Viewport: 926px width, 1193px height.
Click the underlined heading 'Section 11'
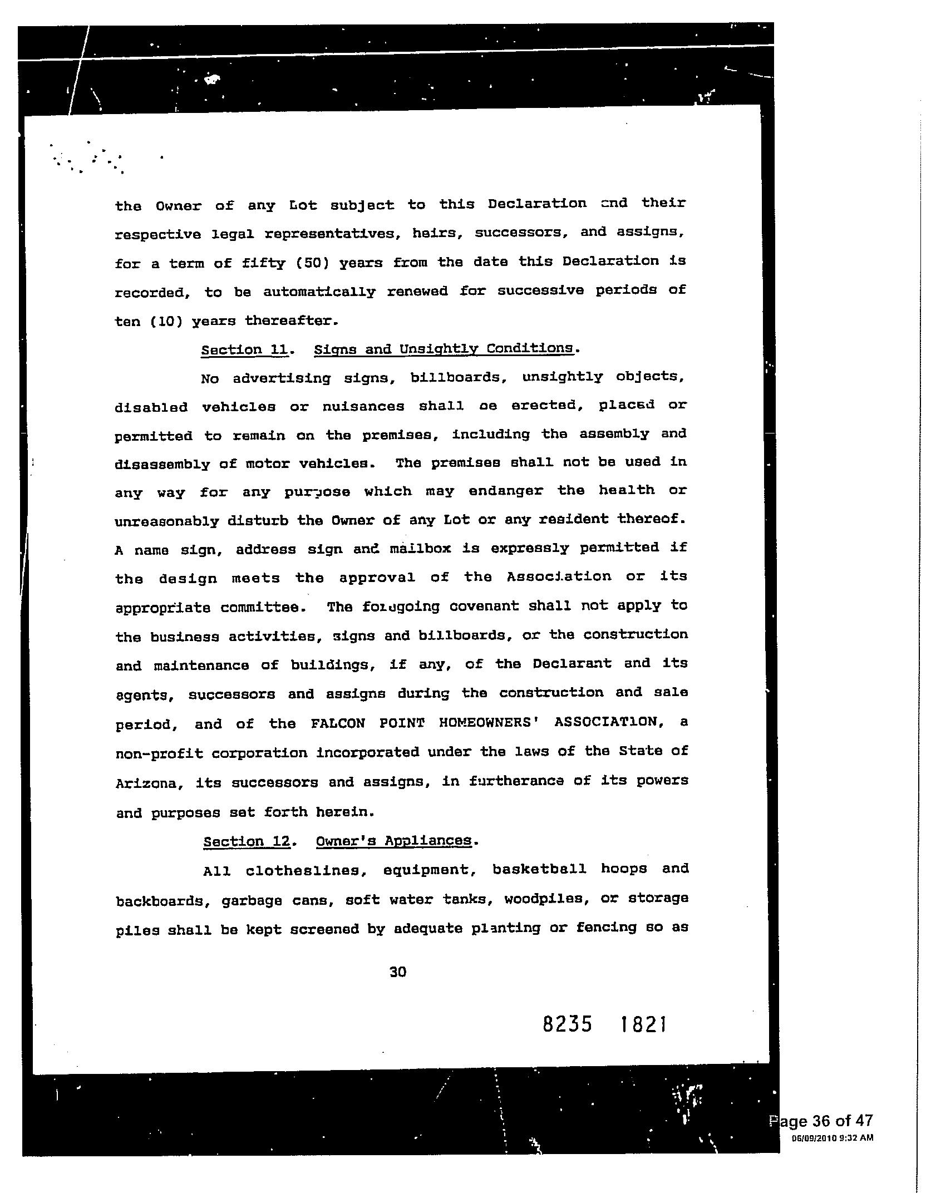[245, 349]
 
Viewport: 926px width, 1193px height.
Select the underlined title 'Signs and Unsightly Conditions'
[443, 349]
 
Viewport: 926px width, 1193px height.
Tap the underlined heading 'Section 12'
[247, 841]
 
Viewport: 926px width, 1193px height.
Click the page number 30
[398, 972]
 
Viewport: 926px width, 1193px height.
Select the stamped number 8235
[568, 1024]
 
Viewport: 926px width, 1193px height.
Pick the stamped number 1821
[643, 1024]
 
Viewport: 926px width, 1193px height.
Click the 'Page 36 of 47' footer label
[822, 1120]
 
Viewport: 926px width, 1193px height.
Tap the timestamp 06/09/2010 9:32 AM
[833, 1138]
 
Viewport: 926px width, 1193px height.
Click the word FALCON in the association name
[338, 723]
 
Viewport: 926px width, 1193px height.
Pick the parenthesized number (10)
[165, 321]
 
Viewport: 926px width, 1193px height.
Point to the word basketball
[539, 869]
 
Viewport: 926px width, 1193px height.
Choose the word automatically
[319, 291]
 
